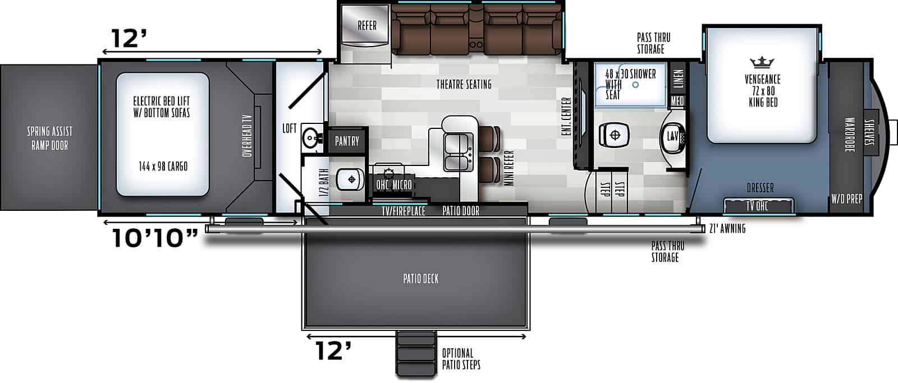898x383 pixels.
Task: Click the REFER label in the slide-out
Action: [367, 25]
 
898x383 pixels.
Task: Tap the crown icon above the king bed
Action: [762, 61]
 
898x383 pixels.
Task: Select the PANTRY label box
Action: [347, 141]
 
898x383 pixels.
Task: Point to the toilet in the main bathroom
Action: [613, 135]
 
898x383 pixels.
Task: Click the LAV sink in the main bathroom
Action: [673, 136]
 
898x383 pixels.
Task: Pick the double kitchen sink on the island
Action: [458, 152]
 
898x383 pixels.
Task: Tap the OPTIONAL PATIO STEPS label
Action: [461, 359]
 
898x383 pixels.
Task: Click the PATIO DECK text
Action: [420, 279]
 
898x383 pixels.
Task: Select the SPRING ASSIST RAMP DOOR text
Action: [50, 139]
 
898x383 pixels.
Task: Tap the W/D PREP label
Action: [847, 199]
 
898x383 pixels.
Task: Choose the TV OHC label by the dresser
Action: [757, 206]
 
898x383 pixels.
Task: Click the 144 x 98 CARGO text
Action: [163, 167]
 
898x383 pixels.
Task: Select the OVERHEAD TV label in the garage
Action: [247, 135]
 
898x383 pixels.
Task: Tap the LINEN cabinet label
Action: [678, 78]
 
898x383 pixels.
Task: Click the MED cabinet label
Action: [677, 101]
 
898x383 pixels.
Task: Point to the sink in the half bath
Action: [310, 136]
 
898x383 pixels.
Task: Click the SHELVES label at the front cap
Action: [870, 131]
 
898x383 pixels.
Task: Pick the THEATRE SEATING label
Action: [464, 84]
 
